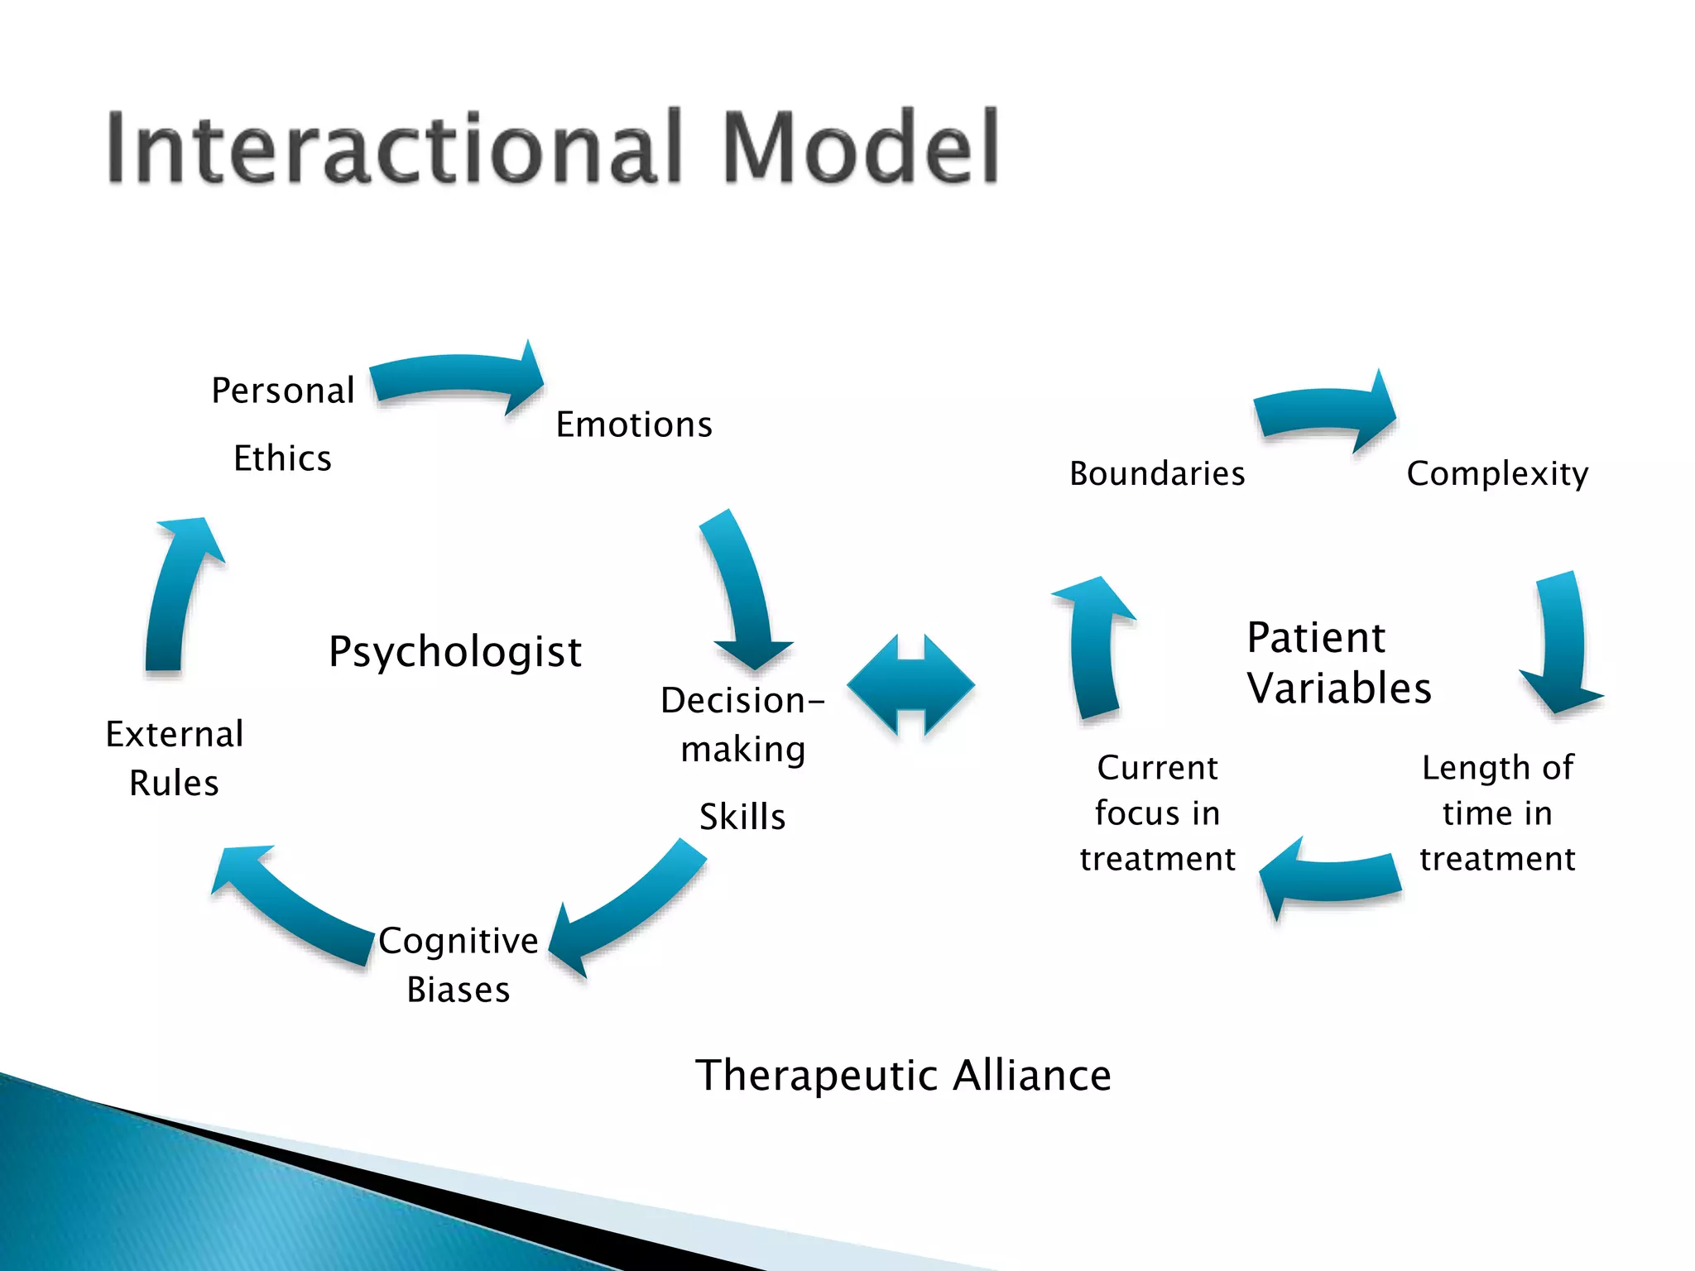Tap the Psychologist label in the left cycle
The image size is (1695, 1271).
(x=455, y=651)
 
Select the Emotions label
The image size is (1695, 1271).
(x=633, y=424)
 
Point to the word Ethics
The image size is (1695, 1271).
(x=282, y=458)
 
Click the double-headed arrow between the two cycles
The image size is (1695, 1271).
(x=910, y=685)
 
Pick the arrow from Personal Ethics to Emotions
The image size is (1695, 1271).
(x=455, y=377)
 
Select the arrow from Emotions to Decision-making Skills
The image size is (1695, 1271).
(x=745, y=592)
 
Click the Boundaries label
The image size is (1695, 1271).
(x=1157, y=473)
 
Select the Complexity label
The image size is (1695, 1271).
(x=1497, y=473)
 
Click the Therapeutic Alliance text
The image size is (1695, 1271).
(x=903, y=1075)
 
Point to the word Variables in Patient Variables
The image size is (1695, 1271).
(x=1339, y=688)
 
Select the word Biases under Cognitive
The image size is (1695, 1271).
(x=458, y=990)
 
